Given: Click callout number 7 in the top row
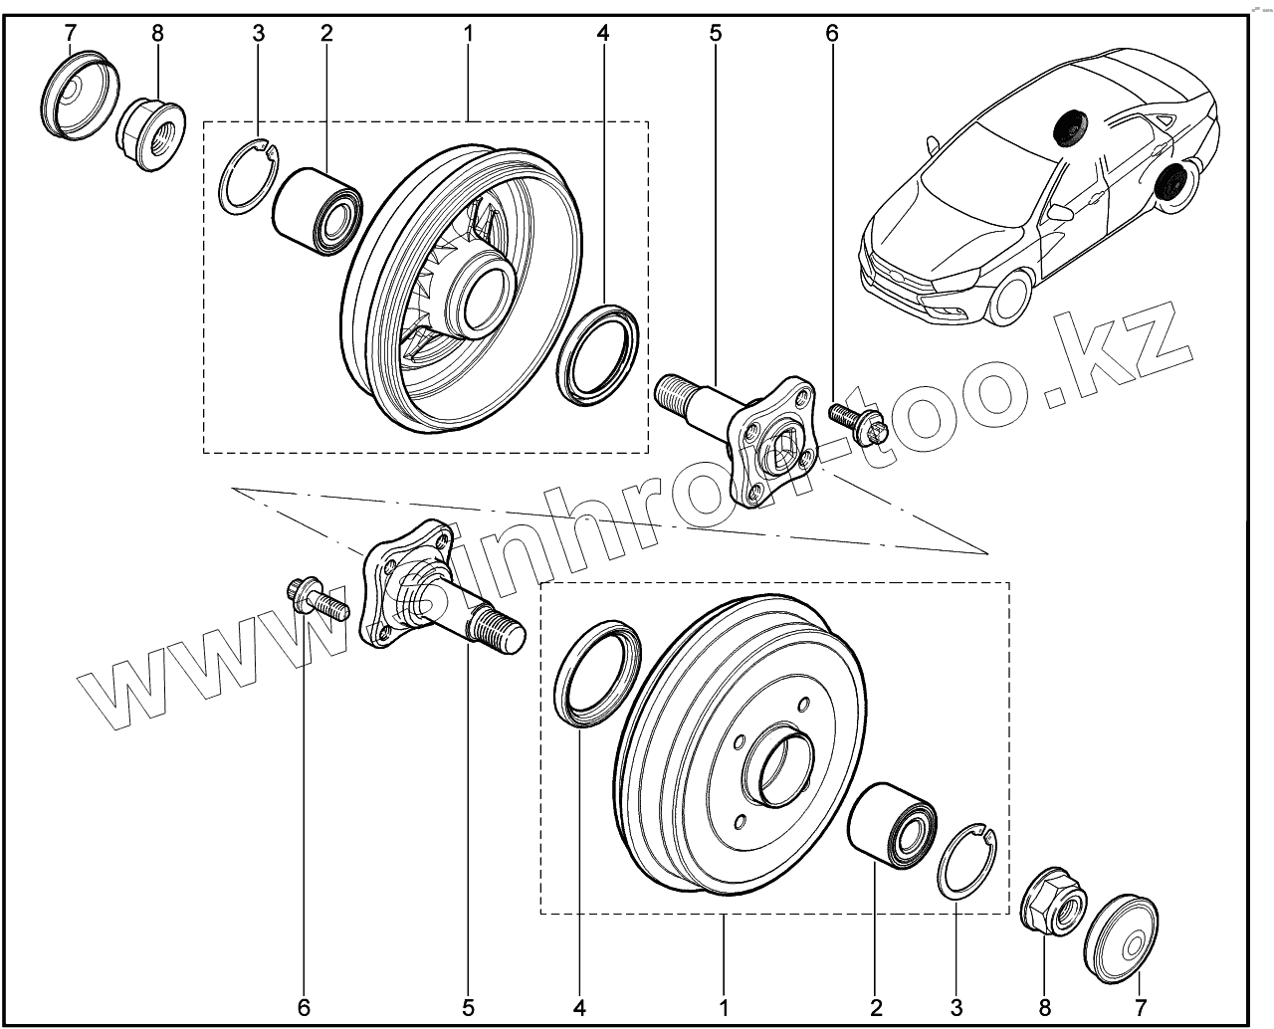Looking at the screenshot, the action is (x=70, y=33).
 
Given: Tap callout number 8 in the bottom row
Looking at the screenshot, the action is (x=1044, y=1006).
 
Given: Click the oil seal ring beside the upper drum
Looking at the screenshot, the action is (x=599, y=354).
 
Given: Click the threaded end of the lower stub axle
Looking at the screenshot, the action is (x=504, y=632).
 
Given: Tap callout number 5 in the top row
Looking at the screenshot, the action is (x=716, y=33).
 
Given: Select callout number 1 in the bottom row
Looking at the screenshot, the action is (x=725, y=1006).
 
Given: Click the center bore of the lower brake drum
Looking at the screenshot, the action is (x=780, y=766).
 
